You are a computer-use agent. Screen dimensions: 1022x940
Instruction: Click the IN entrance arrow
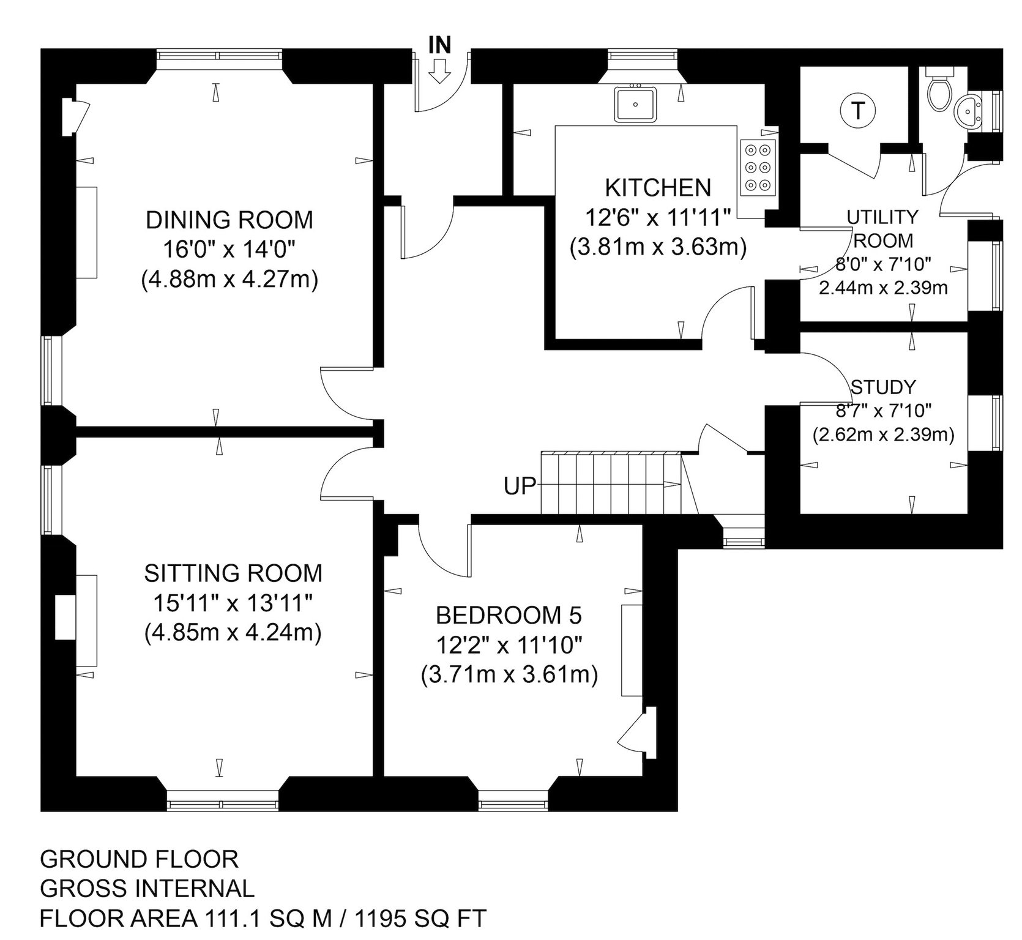pyautogui.click(x=439, y=72)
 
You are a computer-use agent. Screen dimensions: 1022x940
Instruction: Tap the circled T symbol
pyautogui.click(x=859, y=111)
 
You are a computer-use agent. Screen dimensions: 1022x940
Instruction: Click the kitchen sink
pyautogui.click(x=636, y=103)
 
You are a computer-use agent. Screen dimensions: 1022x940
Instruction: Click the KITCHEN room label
pyautogui.click(x=658, y=187)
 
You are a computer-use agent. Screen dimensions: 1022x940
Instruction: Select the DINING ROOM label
pyautogui.click(x=229, y=220)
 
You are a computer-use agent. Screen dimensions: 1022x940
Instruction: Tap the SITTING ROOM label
pyautogui.click(x=233, y=573)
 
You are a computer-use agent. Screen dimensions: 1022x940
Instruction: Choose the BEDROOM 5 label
pyautogui.click(x=509, y=614)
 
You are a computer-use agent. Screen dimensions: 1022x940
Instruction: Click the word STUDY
pyautogui.click(x=883, y=387)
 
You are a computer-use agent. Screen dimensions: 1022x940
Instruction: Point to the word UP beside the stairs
pyautogui.click(x=520, y=487)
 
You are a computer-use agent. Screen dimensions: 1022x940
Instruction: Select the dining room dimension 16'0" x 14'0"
pyautogui.click(x=229, y=250)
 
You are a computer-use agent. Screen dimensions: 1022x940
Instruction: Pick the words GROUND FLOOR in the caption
pyautogui.click(x=139, y=859)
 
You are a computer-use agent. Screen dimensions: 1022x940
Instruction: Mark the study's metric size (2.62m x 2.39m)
pyautogui.click(x=883, y=435)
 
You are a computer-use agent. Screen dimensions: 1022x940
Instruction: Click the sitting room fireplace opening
pyautogui.click(x=64, y=617)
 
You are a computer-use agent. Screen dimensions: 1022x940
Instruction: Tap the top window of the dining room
pyautogui.click(x=219, y=56)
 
